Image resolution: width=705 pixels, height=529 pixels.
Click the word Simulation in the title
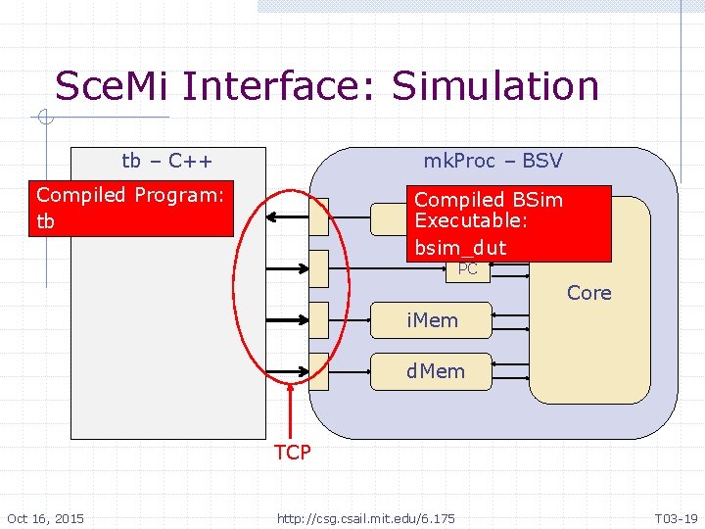(x=495, y=86)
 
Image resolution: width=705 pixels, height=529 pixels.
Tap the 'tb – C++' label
(x=167, y=160)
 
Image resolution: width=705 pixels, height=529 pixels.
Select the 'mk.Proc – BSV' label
(x=493, y=160)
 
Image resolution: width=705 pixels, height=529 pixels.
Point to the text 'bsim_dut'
(x=459, y=248)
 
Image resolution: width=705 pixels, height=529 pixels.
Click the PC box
(x=467, y=269)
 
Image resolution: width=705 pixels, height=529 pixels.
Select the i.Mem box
(x=432, y=319)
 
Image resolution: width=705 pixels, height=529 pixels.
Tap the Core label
(x=588, y=293)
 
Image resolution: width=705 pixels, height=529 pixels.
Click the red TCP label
(x=293, y=452)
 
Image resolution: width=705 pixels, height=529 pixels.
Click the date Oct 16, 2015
(x=45, y=518)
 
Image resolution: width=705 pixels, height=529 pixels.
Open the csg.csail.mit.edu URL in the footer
(x=365, y=518)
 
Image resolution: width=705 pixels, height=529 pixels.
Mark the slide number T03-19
(x=677, y=518)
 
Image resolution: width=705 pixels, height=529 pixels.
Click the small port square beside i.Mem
(x=318, y=318)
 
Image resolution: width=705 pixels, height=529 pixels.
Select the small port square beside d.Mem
(x=318, y=370)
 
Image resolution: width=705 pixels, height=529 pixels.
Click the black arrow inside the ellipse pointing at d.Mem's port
(x=286, y=370)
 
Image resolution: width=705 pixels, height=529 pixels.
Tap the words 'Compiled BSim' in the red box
(x=488, y=200)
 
